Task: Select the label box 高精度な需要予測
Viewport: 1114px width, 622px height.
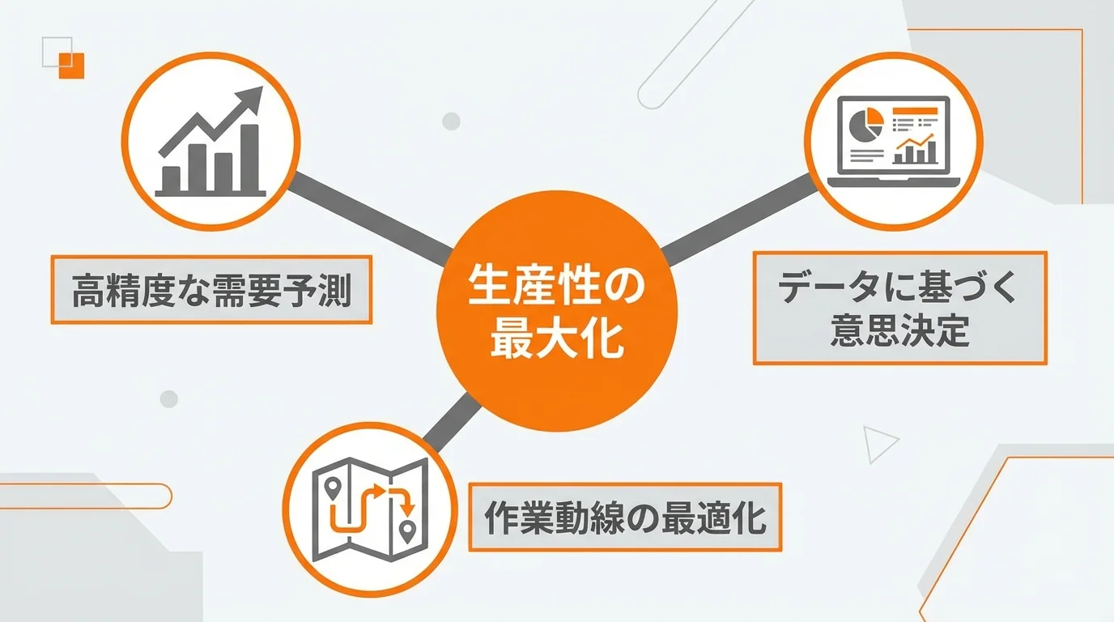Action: [211, 290]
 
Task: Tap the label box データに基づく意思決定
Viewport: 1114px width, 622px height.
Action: [899, 308]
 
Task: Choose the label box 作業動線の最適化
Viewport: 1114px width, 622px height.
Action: [625, 518]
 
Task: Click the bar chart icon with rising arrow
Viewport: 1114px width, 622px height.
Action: [210, 141]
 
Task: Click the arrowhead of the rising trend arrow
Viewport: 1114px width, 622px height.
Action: [253, 96]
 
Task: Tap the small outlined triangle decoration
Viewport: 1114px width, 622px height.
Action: [878, 443]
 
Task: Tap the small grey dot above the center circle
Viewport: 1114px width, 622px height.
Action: [451, 121]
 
